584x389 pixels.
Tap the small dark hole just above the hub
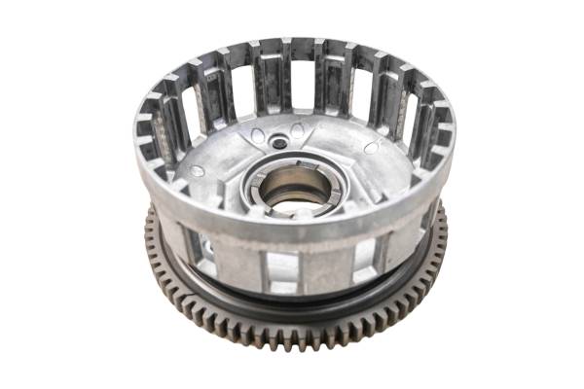pos(280,143)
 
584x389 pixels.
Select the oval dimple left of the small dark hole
pos(255,136)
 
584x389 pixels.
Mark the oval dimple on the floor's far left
pos(199,170)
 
